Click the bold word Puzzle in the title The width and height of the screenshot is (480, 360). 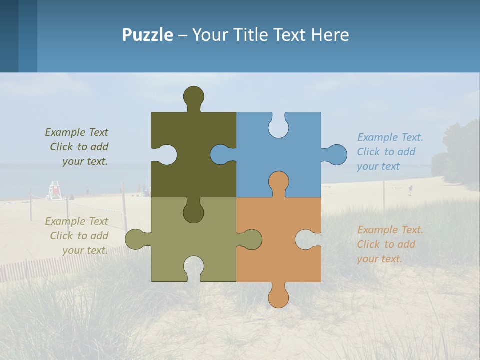pos(147,35)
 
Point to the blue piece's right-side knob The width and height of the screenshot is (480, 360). pos(336,155)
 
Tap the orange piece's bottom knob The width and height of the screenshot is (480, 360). pos(278,296)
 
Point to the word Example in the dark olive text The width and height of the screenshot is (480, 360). pos(66,132)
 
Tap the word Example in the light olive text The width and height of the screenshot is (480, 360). pos(66,221)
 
